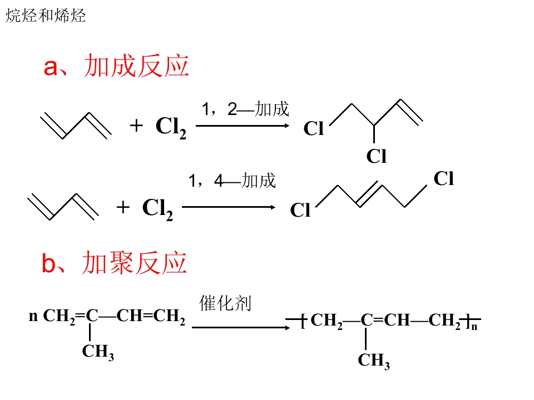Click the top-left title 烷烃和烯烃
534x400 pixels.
point(46,16)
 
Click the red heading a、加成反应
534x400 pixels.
point(116,66)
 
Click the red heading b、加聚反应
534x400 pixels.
point(115,263)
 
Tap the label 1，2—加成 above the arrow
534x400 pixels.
point(245,109)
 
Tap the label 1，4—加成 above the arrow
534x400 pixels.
point(233,180)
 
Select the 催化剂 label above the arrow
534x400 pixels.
point(225,303)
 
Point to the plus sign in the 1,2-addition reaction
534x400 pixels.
point(136,126)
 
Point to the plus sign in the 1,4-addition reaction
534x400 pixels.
point(123,207)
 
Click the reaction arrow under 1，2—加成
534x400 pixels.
point(243,126)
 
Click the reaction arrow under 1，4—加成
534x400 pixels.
point(229,207)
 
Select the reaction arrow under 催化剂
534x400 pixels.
point(241,328)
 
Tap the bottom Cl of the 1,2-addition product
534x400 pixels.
point(377,156)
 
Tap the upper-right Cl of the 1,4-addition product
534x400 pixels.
point(444,178)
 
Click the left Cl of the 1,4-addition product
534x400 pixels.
point(300,209)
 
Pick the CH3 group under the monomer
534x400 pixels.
point(98,352)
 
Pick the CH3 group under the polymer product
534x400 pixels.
point(374,361)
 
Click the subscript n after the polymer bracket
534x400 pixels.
point(474,327)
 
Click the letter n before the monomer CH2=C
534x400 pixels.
point(33,316)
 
